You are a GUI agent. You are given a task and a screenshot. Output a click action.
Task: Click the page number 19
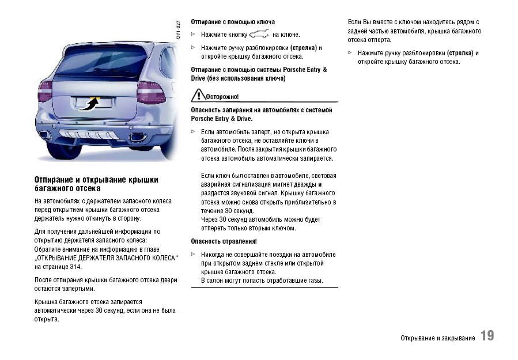(487, 336)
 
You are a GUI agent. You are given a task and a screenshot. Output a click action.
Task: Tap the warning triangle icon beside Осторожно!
(198, 96)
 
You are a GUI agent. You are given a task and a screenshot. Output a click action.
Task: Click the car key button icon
(259, 35)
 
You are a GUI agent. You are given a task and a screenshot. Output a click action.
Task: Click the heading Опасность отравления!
(224, 241)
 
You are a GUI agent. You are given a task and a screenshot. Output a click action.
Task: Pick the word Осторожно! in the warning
(222, 97)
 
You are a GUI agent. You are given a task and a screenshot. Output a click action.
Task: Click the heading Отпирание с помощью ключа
(233, 22)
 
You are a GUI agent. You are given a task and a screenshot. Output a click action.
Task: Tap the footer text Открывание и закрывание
(437, 338)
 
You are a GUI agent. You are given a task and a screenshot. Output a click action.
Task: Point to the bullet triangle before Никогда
(194, 254)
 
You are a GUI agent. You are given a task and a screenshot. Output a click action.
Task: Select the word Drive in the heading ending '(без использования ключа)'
(199, 78)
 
